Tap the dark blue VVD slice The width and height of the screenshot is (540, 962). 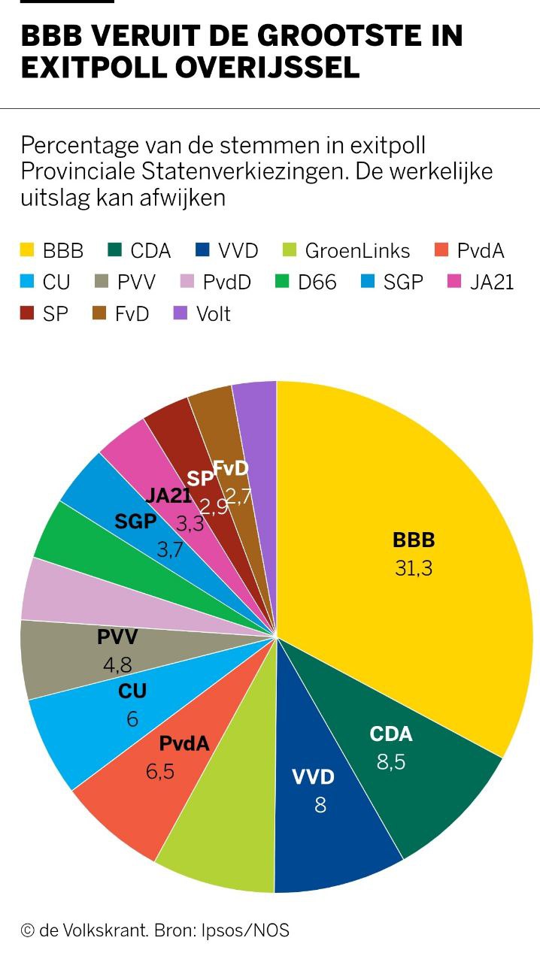(331, 827)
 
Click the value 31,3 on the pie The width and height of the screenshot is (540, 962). (414, 568)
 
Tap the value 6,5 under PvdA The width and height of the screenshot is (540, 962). (159, 771)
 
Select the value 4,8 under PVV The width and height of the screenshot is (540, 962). (118, 665)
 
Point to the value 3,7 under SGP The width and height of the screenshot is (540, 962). (170, 549)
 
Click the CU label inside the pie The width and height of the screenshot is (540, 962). (132, 691)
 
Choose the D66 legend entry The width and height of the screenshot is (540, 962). (316, 282)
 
